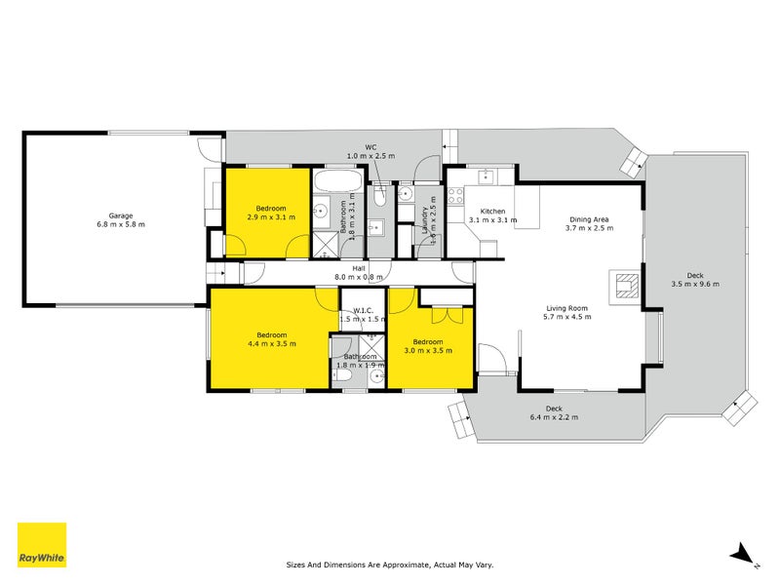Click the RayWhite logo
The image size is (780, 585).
pos(42,546)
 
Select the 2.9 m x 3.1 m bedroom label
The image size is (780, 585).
pos(271,214)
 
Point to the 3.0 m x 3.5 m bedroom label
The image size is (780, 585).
pos(428,346)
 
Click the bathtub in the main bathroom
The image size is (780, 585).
pos(337,181)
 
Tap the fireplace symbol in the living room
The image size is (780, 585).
pos(623,284)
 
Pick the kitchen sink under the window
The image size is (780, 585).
pos(489,175)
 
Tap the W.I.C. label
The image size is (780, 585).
pos(358,312)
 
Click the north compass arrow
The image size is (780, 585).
pos(741,551)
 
